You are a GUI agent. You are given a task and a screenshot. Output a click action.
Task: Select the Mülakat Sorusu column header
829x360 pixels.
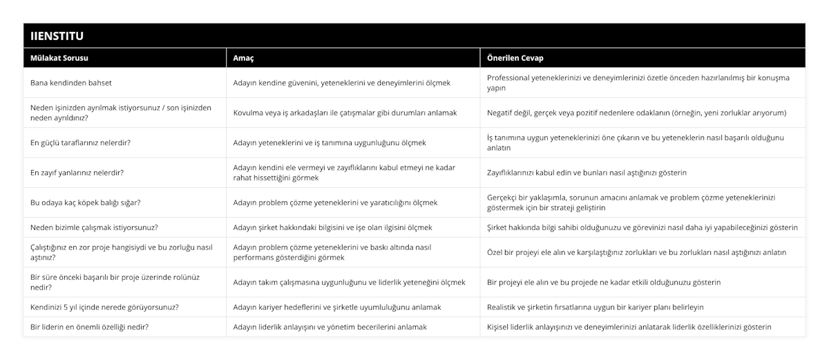(59, 58)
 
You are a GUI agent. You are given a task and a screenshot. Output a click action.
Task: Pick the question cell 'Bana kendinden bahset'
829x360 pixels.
(71, 83)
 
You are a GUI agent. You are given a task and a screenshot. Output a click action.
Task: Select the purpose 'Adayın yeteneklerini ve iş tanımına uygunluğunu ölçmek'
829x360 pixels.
(329, 142)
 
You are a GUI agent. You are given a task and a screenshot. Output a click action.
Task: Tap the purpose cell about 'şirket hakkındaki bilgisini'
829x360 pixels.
(332, 227)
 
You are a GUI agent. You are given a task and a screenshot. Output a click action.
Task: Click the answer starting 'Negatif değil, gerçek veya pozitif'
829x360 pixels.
(636, 113)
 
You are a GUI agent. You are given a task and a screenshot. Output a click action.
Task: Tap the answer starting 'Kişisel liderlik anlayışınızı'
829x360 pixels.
(629, 327)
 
